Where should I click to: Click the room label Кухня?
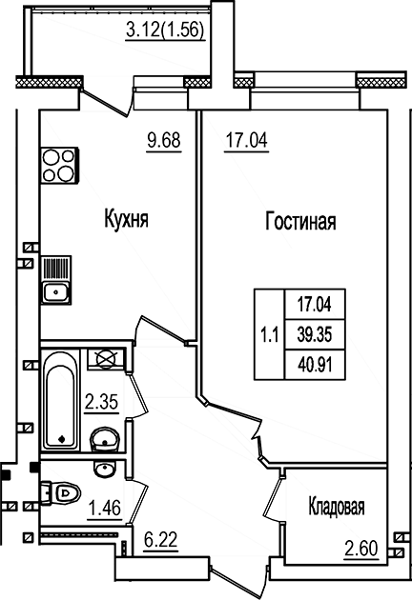(126, 219)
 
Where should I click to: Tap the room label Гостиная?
(300, 222)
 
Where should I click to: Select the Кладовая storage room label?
(337, 507)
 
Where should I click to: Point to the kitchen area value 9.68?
(164, 140)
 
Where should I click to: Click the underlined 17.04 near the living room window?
(246, 140)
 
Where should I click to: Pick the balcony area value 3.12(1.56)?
(165, 30)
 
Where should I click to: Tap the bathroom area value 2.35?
(101, 402)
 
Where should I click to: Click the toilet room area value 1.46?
(105, 509)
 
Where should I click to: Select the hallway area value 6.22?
(160, 540)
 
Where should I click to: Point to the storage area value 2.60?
(361, 549)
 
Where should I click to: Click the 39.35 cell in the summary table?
(315, 335)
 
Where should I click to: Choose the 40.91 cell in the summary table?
(315, 365)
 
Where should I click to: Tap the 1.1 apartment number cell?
(270, 335)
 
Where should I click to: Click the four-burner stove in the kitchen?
(59, 166)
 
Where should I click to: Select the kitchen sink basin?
(55, 292)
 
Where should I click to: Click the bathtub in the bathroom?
(60, 399)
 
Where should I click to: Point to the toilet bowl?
(60, 493)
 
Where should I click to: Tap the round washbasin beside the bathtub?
(105, 441)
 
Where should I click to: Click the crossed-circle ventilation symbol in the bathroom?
(106, 359)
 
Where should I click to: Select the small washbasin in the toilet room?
(104, 470)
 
